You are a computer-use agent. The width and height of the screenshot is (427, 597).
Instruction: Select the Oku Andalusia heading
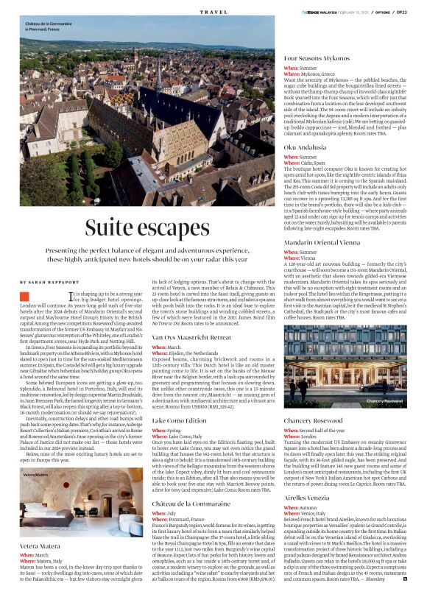[306, 146]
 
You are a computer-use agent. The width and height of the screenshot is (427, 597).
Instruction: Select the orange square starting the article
[24, 295]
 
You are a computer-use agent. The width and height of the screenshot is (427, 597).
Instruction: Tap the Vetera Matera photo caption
[35, 455]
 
